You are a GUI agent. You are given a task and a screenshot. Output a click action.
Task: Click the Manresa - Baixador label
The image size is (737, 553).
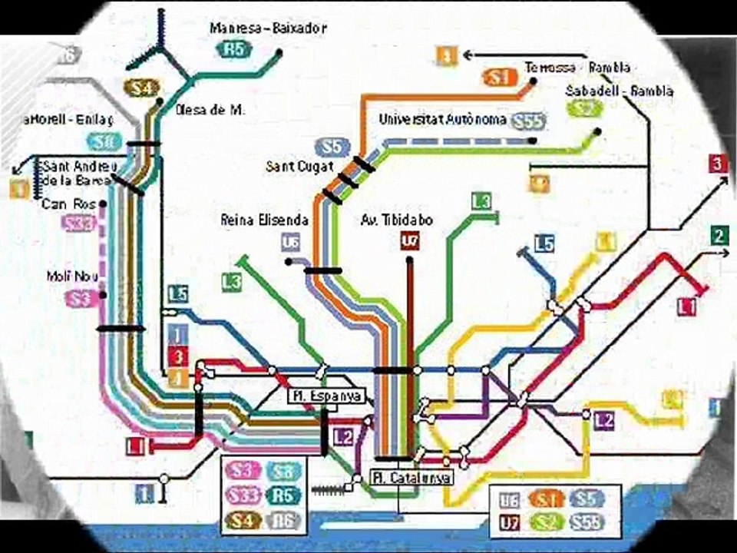pos(268,28)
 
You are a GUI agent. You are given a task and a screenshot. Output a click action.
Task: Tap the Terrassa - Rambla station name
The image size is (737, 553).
pos(577,67)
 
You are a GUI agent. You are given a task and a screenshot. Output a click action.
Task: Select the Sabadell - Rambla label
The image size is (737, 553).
pos(619,91)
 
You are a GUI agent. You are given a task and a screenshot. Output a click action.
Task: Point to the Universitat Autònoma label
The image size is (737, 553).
pos(442,120)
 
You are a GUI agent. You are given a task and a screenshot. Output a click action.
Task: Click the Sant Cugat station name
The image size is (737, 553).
pos(292,166)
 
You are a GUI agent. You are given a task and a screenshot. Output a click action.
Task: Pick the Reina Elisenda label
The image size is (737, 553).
pos(264,220)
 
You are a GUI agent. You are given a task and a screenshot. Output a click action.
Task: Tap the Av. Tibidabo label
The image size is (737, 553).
pos(396,220)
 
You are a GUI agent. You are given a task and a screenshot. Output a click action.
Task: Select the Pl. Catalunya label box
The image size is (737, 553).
pos(411,478)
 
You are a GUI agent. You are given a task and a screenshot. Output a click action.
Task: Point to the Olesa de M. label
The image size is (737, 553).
pos(210,110)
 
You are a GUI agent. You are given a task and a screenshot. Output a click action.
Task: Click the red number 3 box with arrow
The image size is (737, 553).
pos(716,164)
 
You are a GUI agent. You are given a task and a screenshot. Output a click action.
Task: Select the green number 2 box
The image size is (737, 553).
pos(719,236)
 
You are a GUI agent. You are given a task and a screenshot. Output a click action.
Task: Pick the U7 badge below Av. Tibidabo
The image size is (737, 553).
pos(410,242)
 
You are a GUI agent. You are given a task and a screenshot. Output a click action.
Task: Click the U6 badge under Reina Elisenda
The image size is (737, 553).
pos(289,243)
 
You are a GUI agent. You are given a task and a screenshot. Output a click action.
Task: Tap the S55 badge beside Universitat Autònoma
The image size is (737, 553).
pos(528,121)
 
